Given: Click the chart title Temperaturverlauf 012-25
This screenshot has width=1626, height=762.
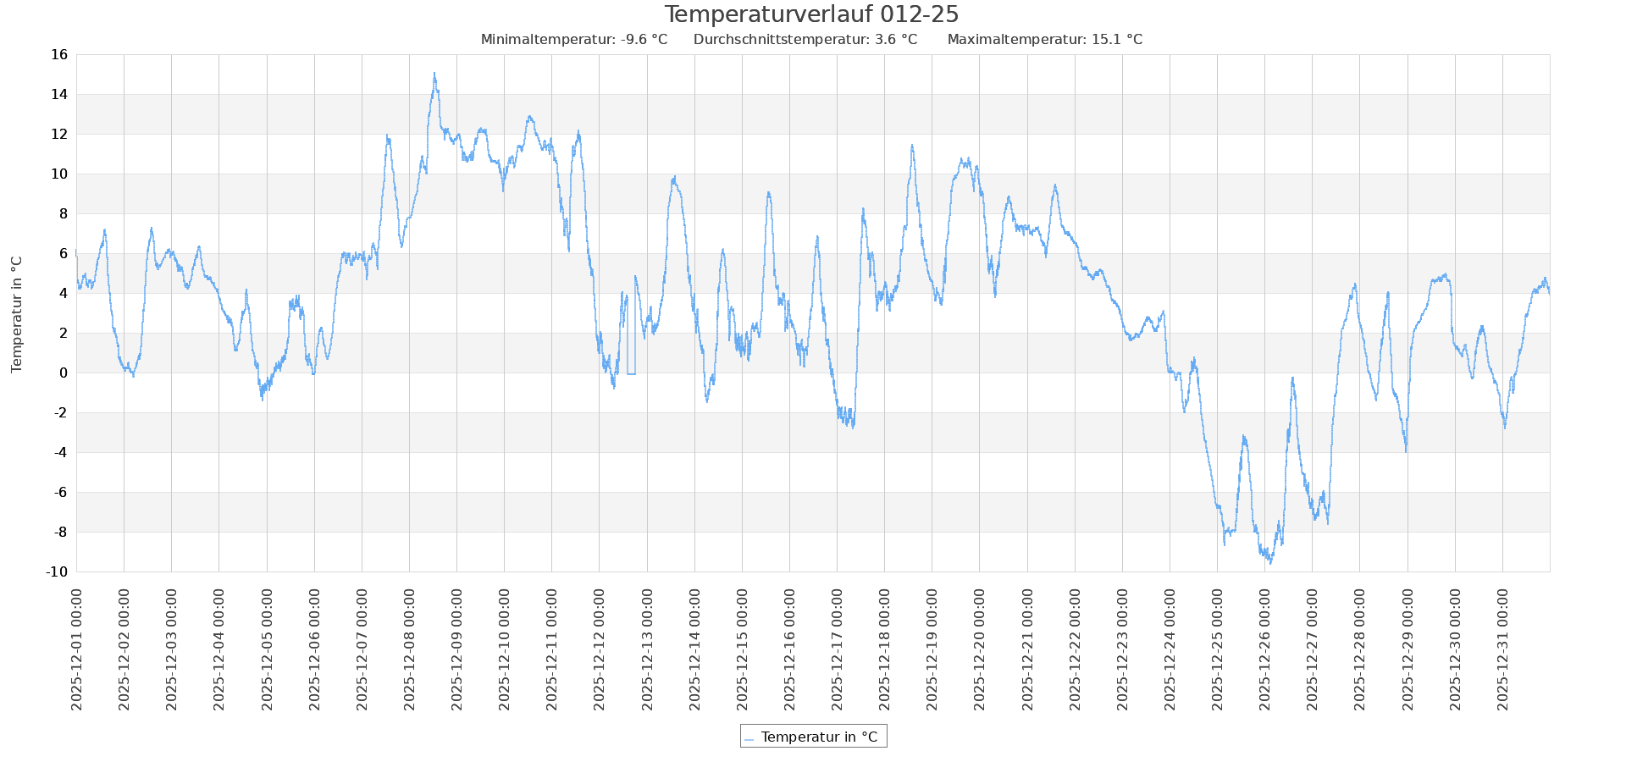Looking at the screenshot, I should coord(811,14).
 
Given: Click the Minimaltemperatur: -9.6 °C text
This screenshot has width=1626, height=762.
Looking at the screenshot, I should coord(573,40).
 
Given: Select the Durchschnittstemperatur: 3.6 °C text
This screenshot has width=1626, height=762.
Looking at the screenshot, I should coord(805,40).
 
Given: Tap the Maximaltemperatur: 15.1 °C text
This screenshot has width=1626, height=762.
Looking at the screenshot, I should coord(1044,40).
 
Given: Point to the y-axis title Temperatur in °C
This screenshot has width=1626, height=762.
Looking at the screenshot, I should coord(17,314).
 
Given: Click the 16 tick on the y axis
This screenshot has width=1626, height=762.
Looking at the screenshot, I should coord(59,55).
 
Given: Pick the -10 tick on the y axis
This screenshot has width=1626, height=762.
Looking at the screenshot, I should coord(56,572).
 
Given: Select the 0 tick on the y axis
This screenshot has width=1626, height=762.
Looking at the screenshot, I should coord(63,373).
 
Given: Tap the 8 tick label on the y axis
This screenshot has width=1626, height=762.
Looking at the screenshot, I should coord(63,214).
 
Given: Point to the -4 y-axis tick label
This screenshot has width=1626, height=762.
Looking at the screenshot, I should coord(59,453).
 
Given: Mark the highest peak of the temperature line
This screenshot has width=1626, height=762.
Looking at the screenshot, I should coord(434,73).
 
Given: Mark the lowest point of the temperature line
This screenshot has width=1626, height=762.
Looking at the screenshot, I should coord(1270,563).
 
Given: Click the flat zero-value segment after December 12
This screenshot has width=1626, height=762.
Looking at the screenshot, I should coord(631,373).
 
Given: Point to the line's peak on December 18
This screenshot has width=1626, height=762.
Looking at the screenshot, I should coord(912,146).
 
